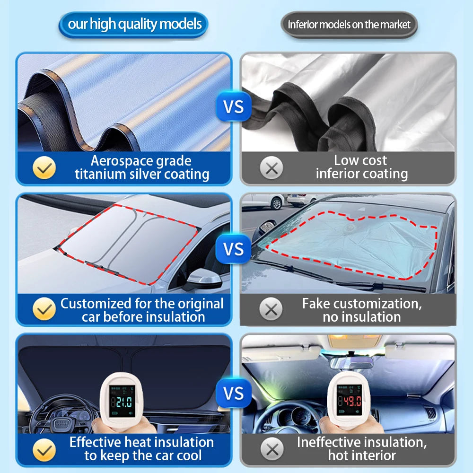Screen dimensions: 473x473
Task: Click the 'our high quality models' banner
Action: click(x=133, y=25)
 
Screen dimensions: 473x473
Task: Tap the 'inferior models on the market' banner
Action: click(x=350, y=25)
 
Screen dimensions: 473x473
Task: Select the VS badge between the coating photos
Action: click(x=234, y=106)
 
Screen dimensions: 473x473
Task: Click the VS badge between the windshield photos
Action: click(x=234, y=249)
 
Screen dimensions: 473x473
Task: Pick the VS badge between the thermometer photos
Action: click(x=234, y=393)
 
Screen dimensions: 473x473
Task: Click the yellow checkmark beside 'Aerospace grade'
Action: click(x=44, y=168)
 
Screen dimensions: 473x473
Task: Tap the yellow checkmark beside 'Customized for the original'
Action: click(x=44, y=309)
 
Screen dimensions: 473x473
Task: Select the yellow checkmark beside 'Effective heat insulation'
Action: click(x=44, y=450)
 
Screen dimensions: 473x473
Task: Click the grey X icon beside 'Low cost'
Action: click(x=272, y=168)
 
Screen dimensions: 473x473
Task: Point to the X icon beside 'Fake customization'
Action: click(x=271, y=309)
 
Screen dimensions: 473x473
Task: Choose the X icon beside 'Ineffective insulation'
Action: click(x=272, y=449)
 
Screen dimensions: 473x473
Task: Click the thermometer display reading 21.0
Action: click(x=122, y=401)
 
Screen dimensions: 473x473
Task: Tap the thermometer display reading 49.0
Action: click(x=350, y=400)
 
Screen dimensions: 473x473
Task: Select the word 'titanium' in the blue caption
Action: click(x=100, y=175)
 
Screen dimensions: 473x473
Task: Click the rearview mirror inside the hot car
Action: click(x=352, y=363)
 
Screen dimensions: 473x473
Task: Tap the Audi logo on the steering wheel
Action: click(x=61, y=423)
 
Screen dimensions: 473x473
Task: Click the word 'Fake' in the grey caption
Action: click(x=315, y=304)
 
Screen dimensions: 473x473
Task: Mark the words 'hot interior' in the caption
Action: click(x=362, y=455)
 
